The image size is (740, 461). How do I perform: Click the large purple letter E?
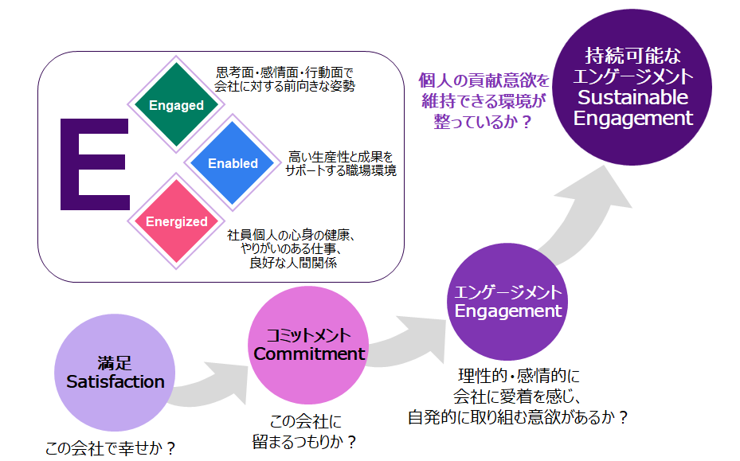[x=94, y=165]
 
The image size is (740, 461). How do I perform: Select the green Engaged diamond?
[x=176, y=105]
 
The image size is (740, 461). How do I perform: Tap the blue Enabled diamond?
[x=233, y=163]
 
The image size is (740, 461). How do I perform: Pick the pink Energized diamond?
[x=177, y=222]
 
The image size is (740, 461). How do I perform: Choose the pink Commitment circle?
[x=308, y=344]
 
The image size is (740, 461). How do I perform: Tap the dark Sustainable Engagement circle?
[x=633, y=88]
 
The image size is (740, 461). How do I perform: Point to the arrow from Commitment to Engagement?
[x=406, y=342]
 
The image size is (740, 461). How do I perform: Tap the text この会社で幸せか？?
[x=110, y=448]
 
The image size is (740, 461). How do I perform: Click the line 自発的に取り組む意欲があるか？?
[x=518, y=416]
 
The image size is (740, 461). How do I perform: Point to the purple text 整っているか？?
[x=483, y=123]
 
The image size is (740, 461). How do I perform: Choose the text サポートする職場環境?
[x=341, y=170]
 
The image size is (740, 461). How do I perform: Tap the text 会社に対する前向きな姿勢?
[x=286, y=85]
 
